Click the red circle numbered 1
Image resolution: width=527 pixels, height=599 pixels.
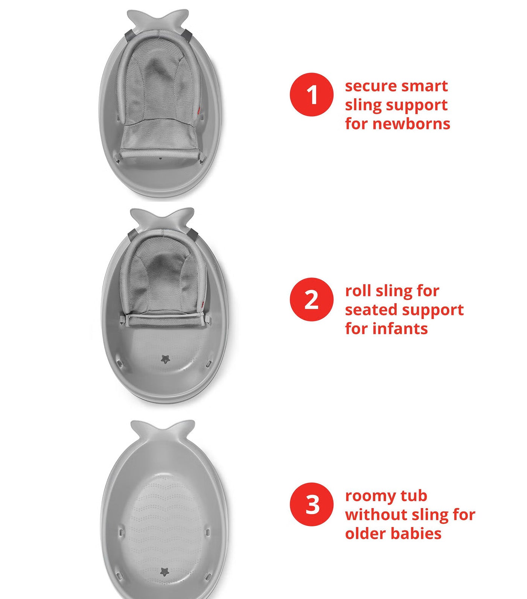click(x=312, y=94)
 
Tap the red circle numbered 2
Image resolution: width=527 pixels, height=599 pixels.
click(x=312, y=299)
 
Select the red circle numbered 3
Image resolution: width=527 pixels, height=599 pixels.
click(x=312, y=504)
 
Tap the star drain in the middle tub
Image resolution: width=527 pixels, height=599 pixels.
click(x=166, y=359)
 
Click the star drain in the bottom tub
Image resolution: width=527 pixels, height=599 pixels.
click(x=164, y=572)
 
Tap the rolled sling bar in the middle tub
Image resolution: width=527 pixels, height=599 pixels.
click(x=165, y=321)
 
